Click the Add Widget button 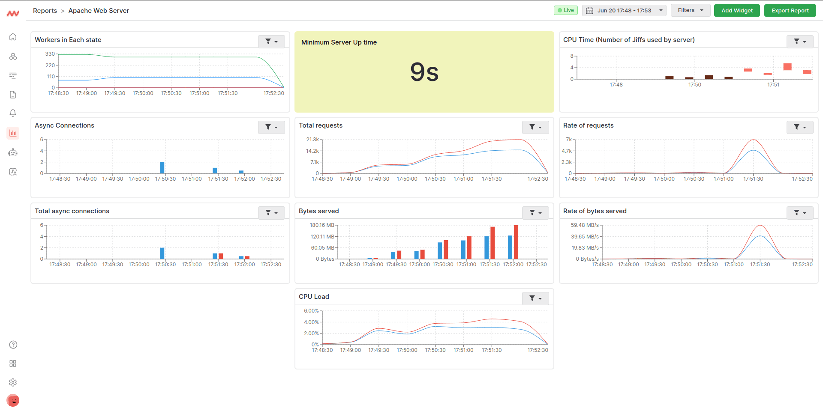pyautogui.click(x=736, y=10)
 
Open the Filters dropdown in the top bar pyautogui.click(x=690, y=10)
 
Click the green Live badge pyautogui.click(x=565, y=10)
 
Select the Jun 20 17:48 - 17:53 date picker pyautogui.click(x=624, y=10)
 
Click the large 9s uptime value pyautogui.click(x=424, y=72)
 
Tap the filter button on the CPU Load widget pyautogui.click(x=535, y=298)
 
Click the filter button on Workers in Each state pyautogui.click(x=271, y=42)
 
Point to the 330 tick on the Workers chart pyautogui.click(x=50, y=54)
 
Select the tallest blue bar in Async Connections pyautogui.click(x=162, y=167)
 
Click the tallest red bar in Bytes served pyautogui.click(x=516, y=242)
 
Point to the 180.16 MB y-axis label pyautogui.click(x=322, y=225)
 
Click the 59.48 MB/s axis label pyautogui.click(x=585, y=225)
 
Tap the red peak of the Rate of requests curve pyautogui.click(x=753, y=140)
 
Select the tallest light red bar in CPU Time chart pyautogui.click(x=787, y=67)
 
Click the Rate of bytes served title pyautogui.click(x=595, y=211)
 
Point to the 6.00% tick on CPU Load pyautogui.click(x=311, y=311)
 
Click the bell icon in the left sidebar pyautogui.click(x=13, y=113)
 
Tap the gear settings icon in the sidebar pyautogui.click(x=13, y=382)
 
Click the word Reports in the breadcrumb pyautogui.click(x=45, y=11)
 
